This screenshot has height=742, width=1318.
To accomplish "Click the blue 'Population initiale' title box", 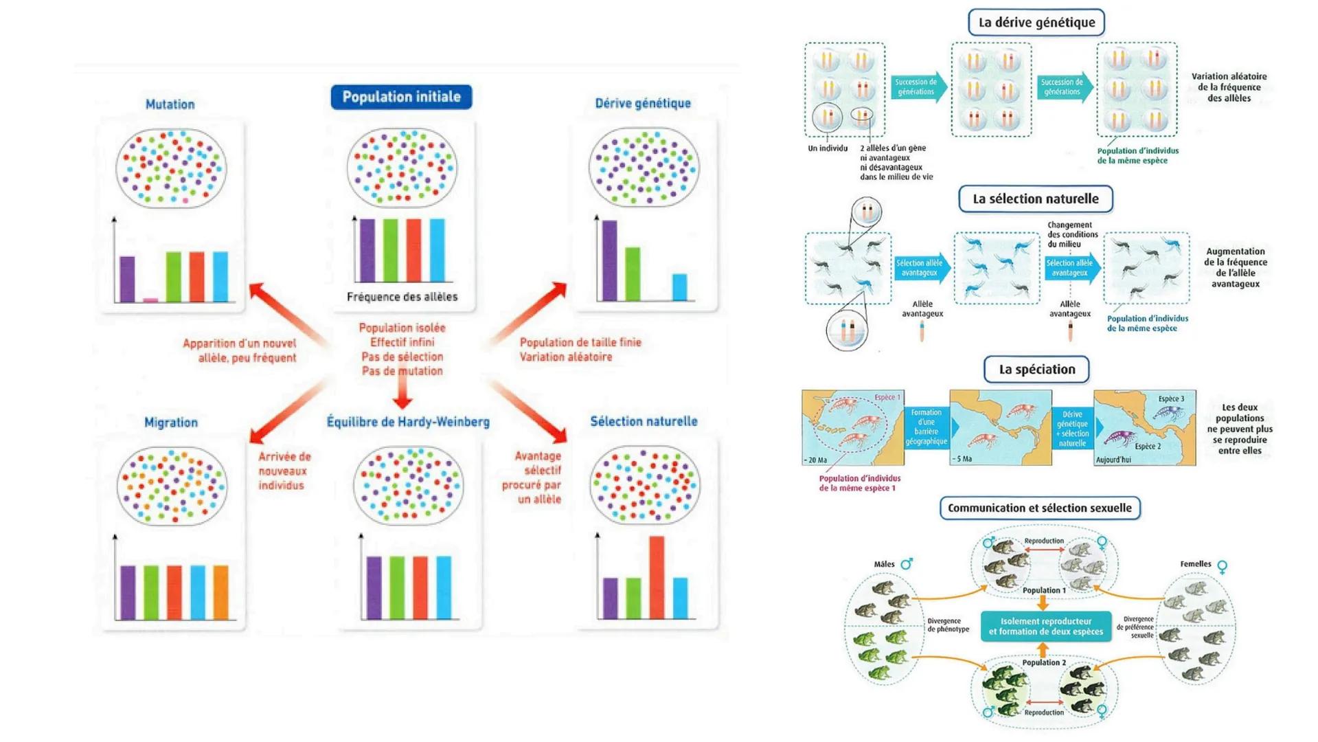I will (401, 97).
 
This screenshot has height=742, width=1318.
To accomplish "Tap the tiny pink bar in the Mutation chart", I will (150, 300).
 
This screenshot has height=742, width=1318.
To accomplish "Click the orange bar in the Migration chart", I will (220, 592).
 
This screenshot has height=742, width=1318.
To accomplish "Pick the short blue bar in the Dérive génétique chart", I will (679, 287).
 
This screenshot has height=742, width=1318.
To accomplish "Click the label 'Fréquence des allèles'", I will (402, 297).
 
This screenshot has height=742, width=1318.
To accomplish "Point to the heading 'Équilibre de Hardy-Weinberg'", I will (408, 422).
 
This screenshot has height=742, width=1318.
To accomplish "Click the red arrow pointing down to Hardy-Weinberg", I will (402, 394).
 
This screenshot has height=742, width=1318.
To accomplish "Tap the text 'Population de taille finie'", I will (580, 342).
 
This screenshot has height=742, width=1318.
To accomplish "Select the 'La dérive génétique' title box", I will (1036, 22).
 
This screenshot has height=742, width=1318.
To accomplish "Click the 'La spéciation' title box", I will (1036, 370).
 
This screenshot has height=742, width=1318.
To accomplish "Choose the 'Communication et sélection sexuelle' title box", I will (1039, 508).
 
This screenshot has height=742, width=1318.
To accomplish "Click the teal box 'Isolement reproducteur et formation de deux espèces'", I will (1045, 627).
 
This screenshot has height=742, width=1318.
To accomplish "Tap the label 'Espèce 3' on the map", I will (1171, 398).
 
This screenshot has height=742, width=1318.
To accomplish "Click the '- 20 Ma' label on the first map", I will (816, 460).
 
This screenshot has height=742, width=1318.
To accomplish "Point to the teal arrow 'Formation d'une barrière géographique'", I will (927, 427).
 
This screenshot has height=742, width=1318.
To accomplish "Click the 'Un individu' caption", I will (828, 148).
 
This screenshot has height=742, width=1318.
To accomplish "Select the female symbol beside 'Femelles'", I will (1223, 567).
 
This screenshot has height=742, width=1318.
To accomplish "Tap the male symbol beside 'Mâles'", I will (907, 564).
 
